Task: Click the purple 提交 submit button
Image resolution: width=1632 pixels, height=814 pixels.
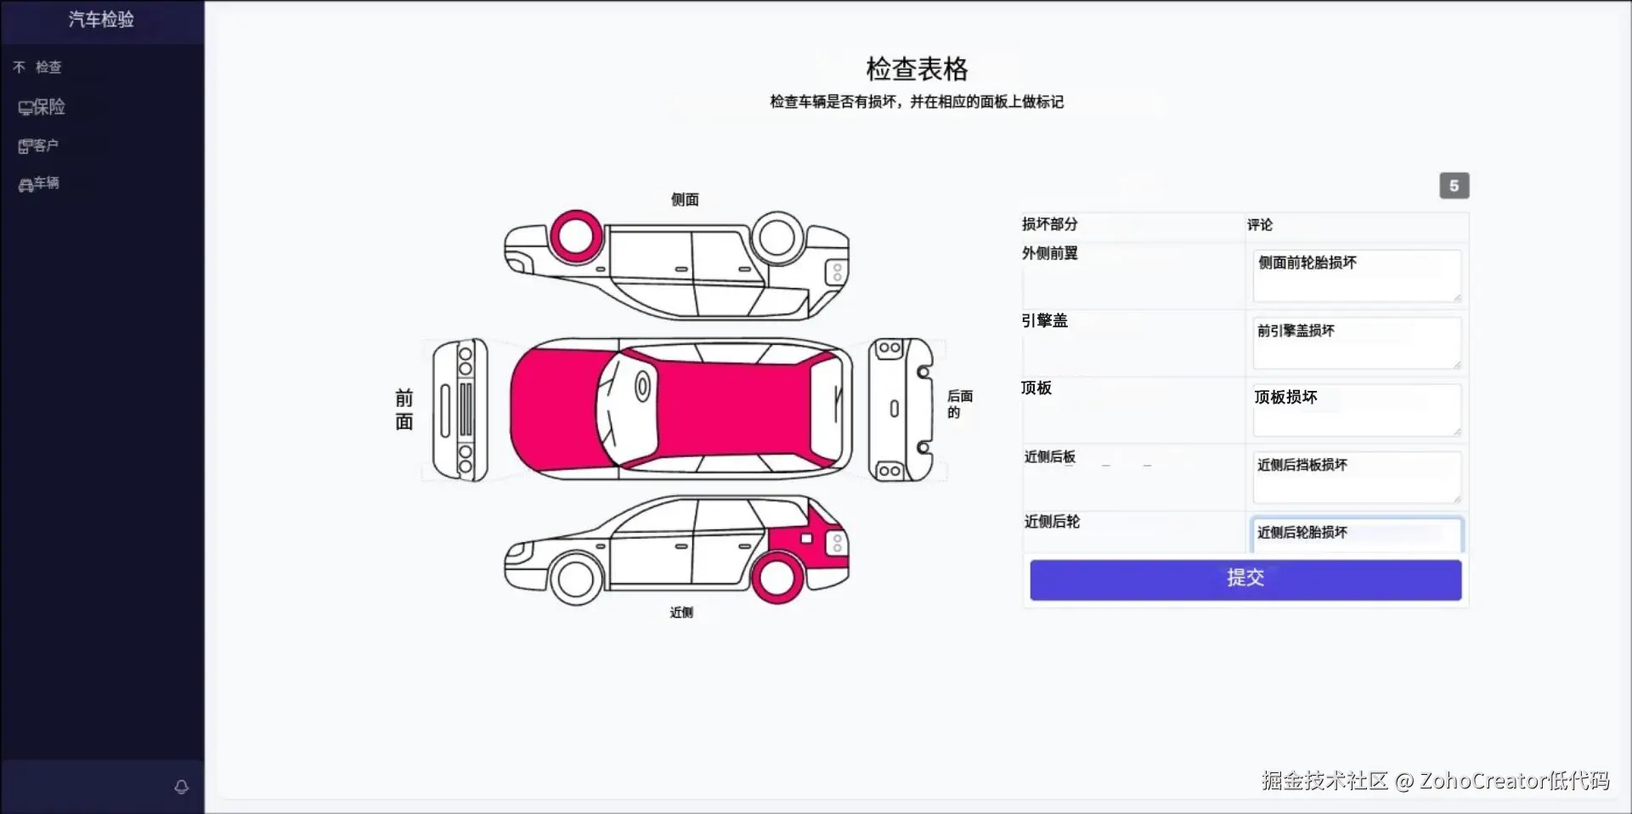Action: (x=1245, y=579)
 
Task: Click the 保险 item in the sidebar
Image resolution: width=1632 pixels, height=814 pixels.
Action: (x=42, y=107)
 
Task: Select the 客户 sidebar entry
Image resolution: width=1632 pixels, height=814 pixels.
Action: (x=39, y=146)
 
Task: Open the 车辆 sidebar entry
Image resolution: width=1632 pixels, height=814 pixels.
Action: (x=39, y=184)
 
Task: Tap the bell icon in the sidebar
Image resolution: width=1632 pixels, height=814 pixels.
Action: (x=181, y=787)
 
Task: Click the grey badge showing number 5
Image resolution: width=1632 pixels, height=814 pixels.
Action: (x=1454, y=186)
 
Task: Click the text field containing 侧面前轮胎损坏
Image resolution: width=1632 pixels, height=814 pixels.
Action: (x=1356, y=275)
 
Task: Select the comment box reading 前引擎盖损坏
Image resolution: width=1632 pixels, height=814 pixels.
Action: (x=1356, y=342)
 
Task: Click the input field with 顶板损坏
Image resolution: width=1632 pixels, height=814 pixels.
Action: (x=1356, y=410)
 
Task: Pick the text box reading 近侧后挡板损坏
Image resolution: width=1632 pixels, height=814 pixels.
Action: (x=1356, y=477)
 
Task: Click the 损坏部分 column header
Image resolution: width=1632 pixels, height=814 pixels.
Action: (x=1049, y=224)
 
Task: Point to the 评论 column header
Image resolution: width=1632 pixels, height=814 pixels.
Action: (x=1260, y=225)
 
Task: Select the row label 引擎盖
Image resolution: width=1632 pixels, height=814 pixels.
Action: (x=1044, y=320)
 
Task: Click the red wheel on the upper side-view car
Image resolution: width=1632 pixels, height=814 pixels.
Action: (x=576, y=236)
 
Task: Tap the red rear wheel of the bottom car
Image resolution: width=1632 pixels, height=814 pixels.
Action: (x=776, y=578)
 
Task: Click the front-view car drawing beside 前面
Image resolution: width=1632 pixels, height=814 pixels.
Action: (x=460, y=410)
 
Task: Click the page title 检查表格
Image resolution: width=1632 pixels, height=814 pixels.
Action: (x=917, y=69)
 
